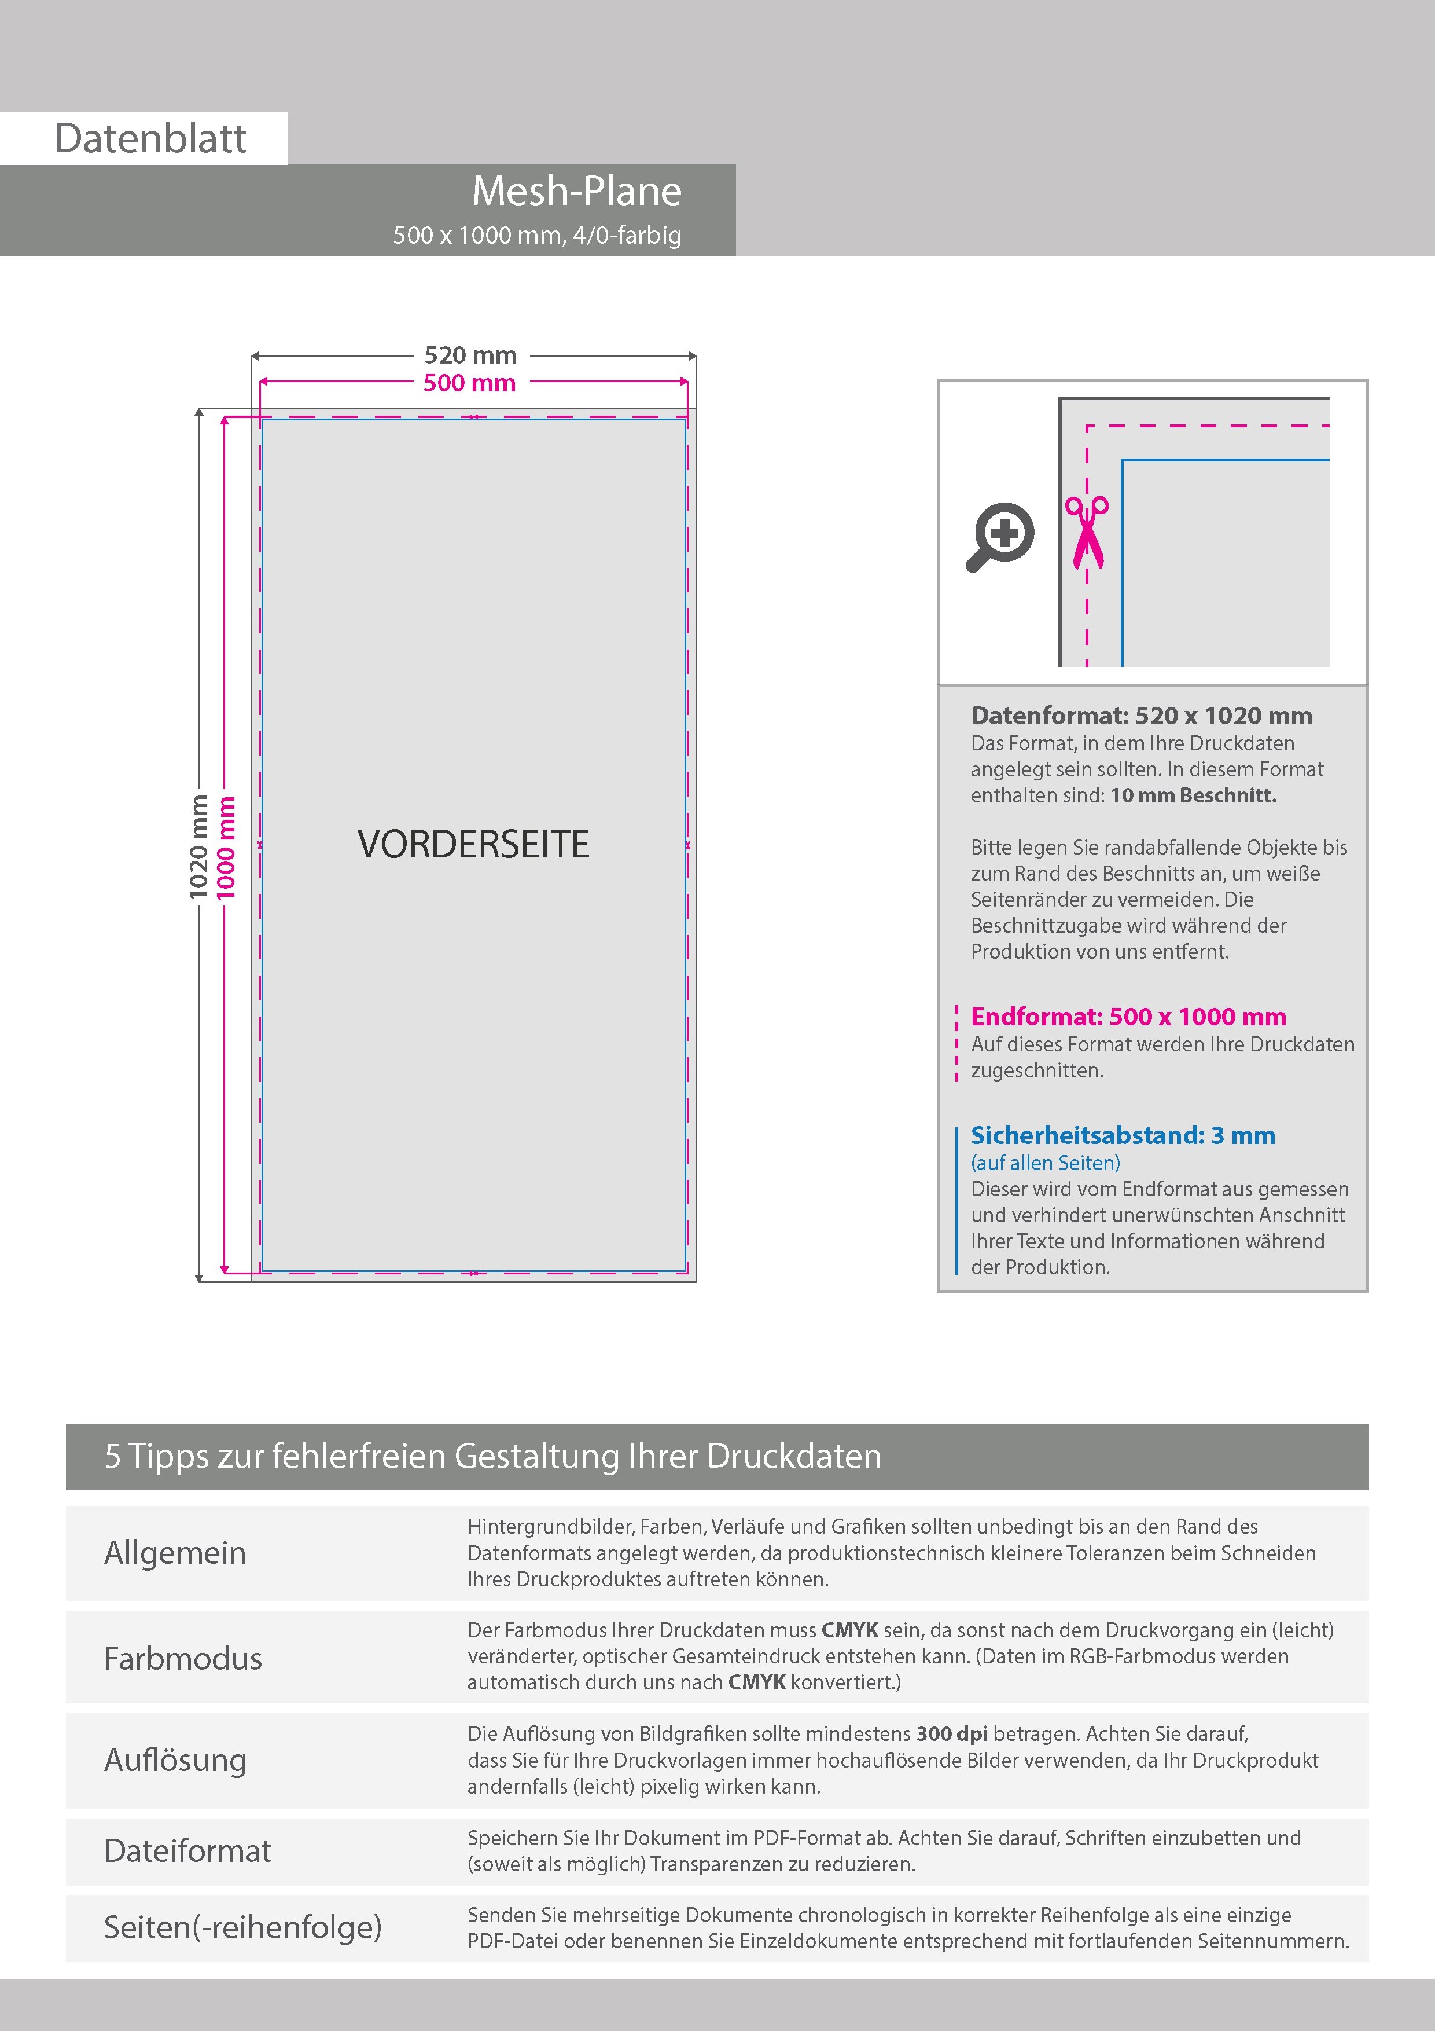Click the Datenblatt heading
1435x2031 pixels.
[150, 139]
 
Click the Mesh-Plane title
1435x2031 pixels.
[576, 191]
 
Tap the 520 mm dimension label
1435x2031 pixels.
[470, 355]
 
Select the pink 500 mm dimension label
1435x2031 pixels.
[469, 383]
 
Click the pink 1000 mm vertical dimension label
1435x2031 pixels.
[226, 846]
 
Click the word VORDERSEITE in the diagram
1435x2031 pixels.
[473, 844]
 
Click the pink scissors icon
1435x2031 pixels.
[1087, 531]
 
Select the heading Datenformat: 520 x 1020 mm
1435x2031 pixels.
[1140, 716]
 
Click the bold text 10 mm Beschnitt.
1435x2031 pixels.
[1193, 795]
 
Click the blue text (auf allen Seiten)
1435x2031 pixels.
[1045, 1163]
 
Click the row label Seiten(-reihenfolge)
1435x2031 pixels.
[242, 1927]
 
